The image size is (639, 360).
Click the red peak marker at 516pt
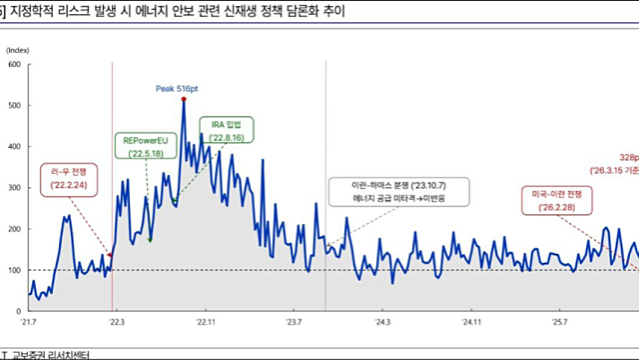[184, 98]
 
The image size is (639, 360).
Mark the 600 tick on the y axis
[15, 65]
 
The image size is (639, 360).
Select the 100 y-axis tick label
[15, 270]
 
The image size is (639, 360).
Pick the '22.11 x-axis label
[206, 323]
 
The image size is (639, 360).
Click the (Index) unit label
[18, 47]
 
